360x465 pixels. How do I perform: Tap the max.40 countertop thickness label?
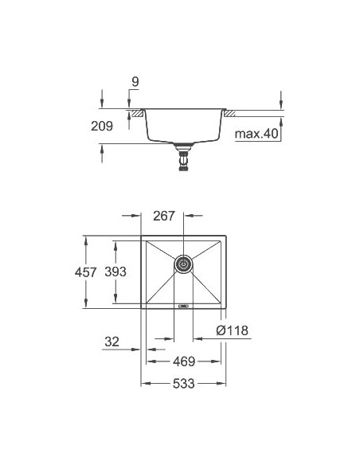pyautogui.click(x=256, y=135)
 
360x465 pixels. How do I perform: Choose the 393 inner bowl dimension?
pyautogui.click(x=117, y=272)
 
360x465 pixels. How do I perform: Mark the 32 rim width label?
pyautogui.click(x=112, y=343)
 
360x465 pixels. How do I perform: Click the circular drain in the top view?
pyautogui.click(x=184, y=264)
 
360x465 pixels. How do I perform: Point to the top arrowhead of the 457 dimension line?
pyautogui.click(x=85, y=238)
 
